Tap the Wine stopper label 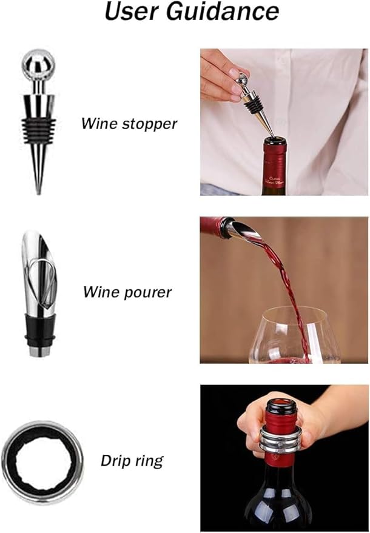(x=129, y=124)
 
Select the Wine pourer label (x=127, y=292)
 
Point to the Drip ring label (x=132, y=460)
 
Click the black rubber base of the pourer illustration (x=39, y=330)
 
